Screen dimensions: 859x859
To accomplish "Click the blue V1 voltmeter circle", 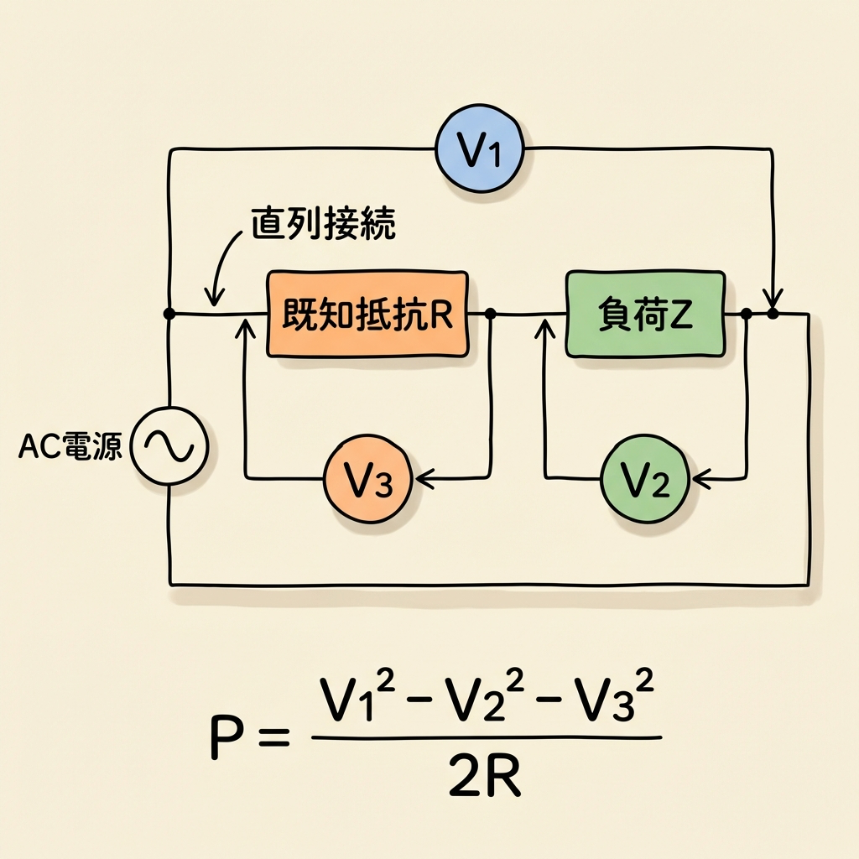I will pyautogui.click(x=480, y=153).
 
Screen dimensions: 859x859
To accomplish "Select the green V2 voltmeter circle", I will pyautogui.click(x=644, y=480).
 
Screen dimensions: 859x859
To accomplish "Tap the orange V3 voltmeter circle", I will pyautogui.click(x=367, y=480).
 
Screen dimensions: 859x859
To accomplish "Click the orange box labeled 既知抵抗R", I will pyautogui.click(x=367, y=314).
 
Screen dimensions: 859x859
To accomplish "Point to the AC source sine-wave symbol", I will pyautogui.click(x=169, y=445).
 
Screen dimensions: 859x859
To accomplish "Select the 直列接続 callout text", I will pyautogui.click(x=322, y=223).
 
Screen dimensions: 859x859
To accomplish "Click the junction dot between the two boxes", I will pyautogui.click(x=491, y=314).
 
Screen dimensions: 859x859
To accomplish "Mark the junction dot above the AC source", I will pyautogui.click(x=169, y=314).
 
